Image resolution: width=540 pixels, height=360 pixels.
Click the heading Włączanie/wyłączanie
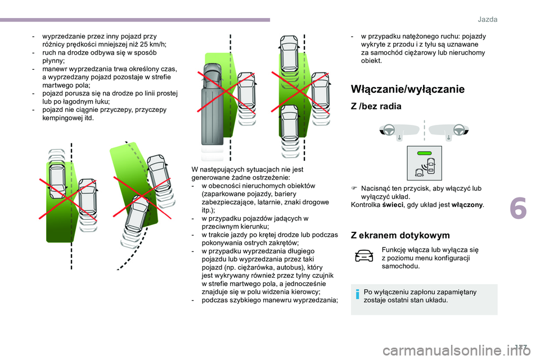[407, 89]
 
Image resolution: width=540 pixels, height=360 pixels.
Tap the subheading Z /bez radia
[376, 106]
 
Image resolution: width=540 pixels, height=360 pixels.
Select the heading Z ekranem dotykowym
[400, 235]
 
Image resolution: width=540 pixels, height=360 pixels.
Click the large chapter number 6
[518, 209]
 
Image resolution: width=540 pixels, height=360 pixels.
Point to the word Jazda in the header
[487, 19]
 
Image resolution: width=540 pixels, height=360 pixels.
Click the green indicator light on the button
[424, 153]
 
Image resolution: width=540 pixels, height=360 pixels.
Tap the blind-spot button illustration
[424, 163]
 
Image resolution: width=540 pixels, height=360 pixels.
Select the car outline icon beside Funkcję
[364, 255]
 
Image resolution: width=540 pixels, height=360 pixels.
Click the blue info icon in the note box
[358, 294]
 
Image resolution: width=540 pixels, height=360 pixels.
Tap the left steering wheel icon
[389, 130]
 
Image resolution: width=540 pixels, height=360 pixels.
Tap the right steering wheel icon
[459, 130]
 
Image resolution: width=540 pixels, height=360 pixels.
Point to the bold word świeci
[392, 205]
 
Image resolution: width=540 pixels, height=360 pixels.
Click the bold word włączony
[467, 205]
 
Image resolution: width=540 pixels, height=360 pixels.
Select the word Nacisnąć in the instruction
[375, 188]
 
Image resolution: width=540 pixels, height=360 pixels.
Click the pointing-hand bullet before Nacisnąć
[354, 188]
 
